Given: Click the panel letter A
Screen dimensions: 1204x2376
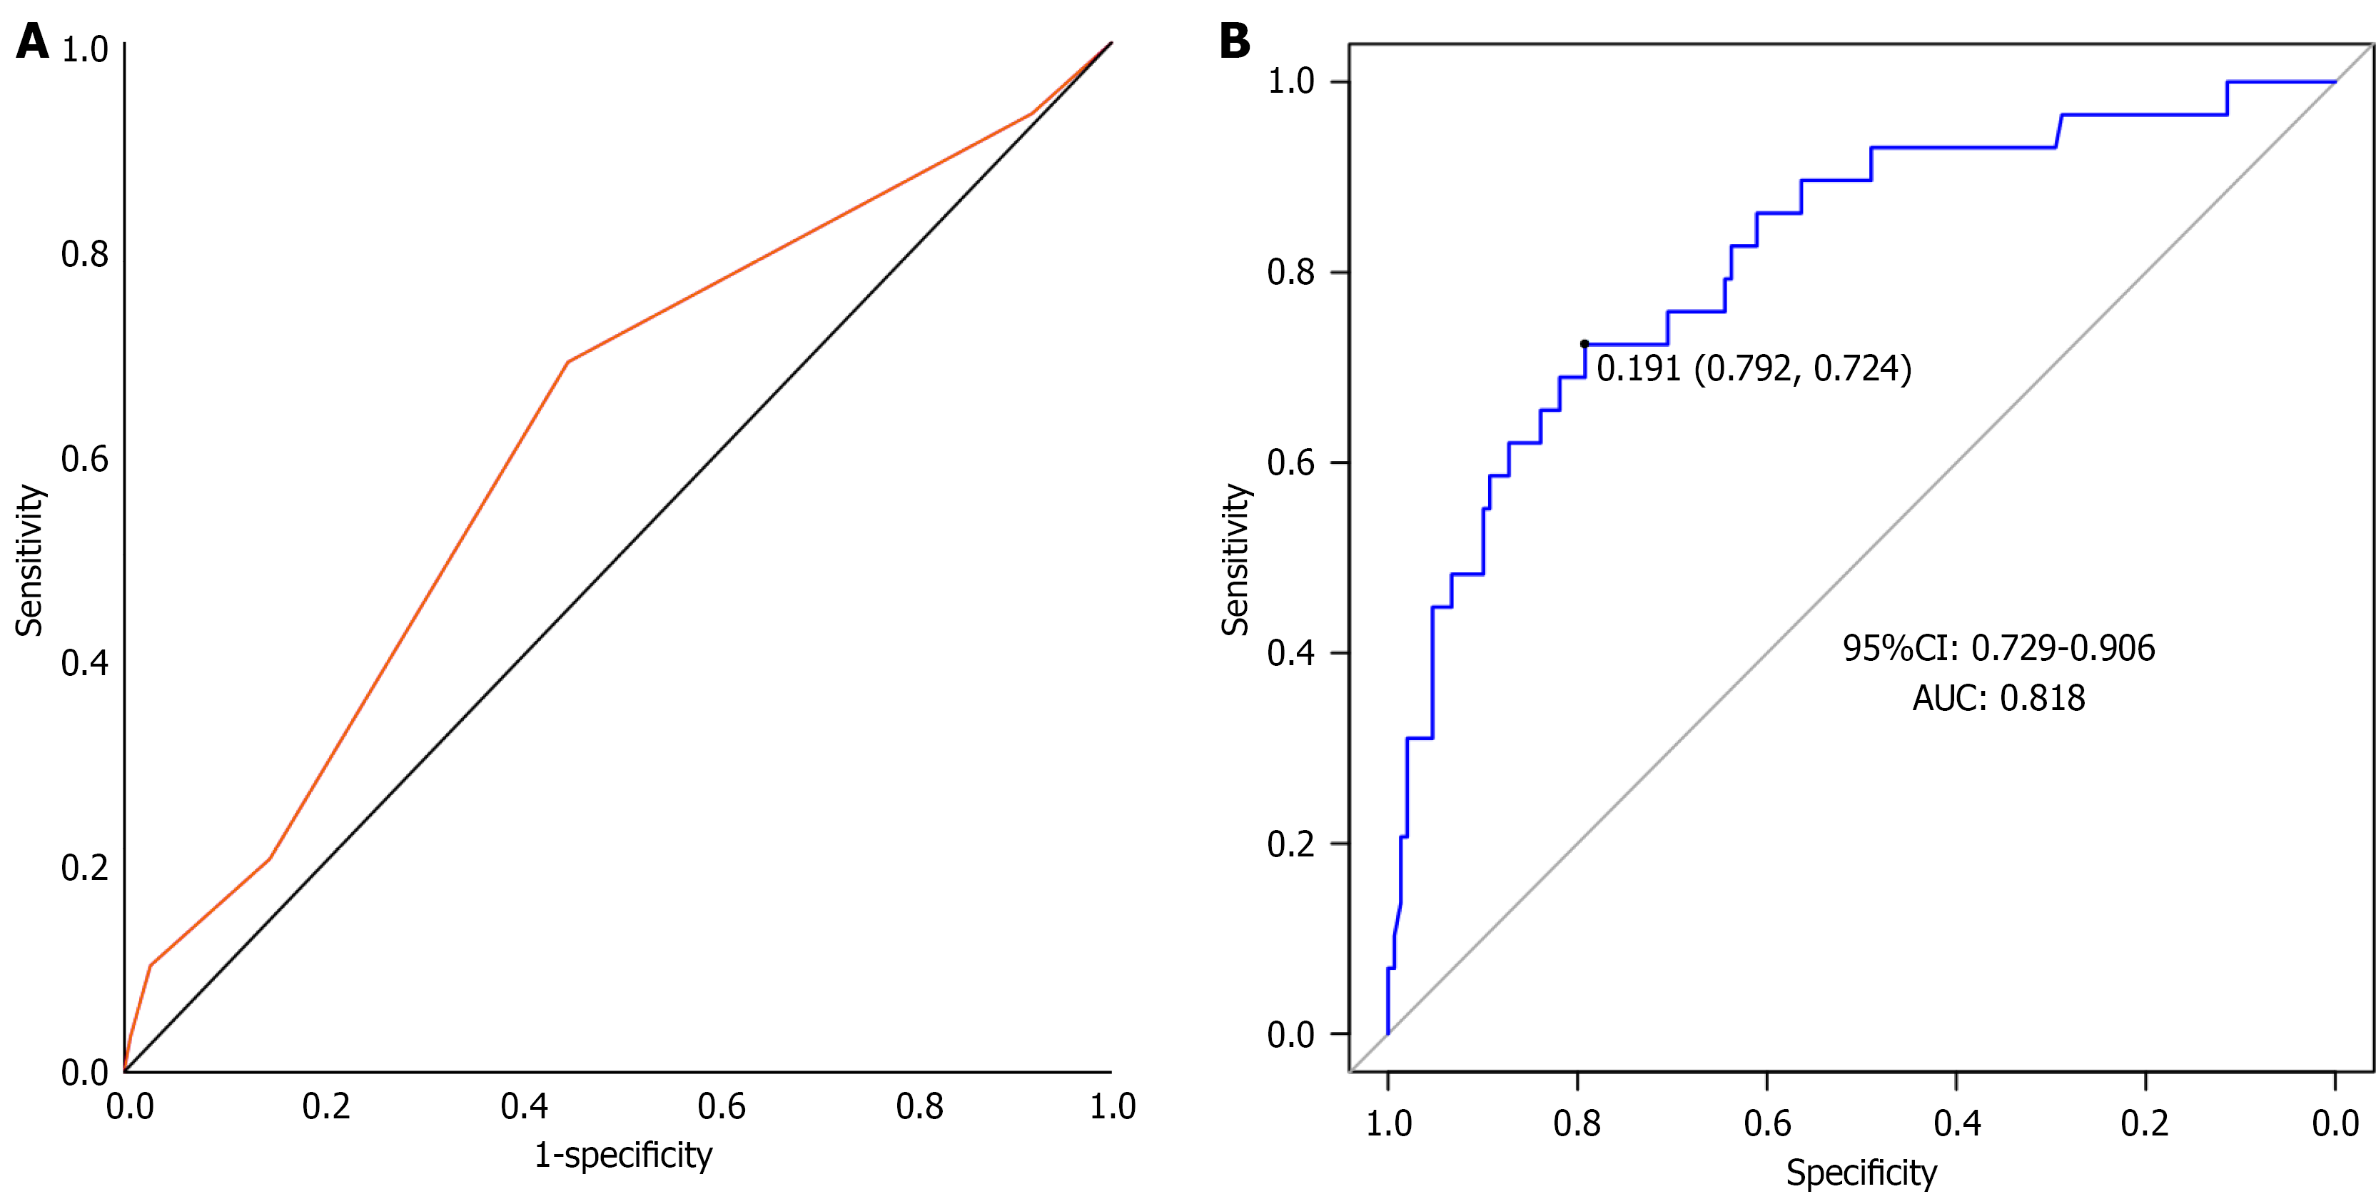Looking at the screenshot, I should (32, 41).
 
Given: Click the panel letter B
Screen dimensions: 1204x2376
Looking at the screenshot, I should (1234, 41).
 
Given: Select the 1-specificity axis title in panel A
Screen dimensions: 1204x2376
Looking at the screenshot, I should (624, 1155).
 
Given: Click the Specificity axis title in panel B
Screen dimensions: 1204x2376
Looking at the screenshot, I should (1861, 1173).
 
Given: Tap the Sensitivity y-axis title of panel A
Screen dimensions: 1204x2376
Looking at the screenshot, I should (29, 560).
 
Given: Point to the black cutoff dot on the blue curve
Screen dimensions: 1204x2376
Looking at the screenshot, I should (1584, 344).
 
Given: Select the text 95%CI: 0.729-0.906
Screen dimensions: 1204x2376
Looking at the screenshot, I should (1998, 647).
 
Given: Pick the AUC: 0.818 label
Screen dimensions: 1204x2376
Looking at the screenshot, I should (1998, 697).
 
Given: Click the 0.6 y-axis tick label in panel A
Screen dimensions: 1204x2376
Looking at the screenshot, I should (85, 458).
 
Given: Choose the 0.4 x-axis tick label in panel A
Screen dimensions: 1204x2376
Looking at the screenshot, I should (524, 1106).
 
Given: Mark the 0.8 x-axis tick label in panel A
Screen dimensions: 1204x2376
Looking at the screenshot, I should (919, 1106).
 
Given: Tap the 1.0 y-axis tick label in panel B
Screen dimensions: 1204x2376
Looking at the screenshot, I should (1290, 81).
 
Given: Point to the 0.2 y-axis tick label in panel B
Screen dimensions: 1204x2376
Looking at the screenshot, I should (1290, 844).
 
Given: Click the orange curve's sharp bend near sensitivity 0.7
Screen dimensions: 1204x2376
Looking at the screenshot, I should (568, 362).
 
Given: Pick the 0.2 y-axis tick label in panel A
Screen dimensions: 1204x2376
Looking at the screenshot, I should (85, 867).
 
